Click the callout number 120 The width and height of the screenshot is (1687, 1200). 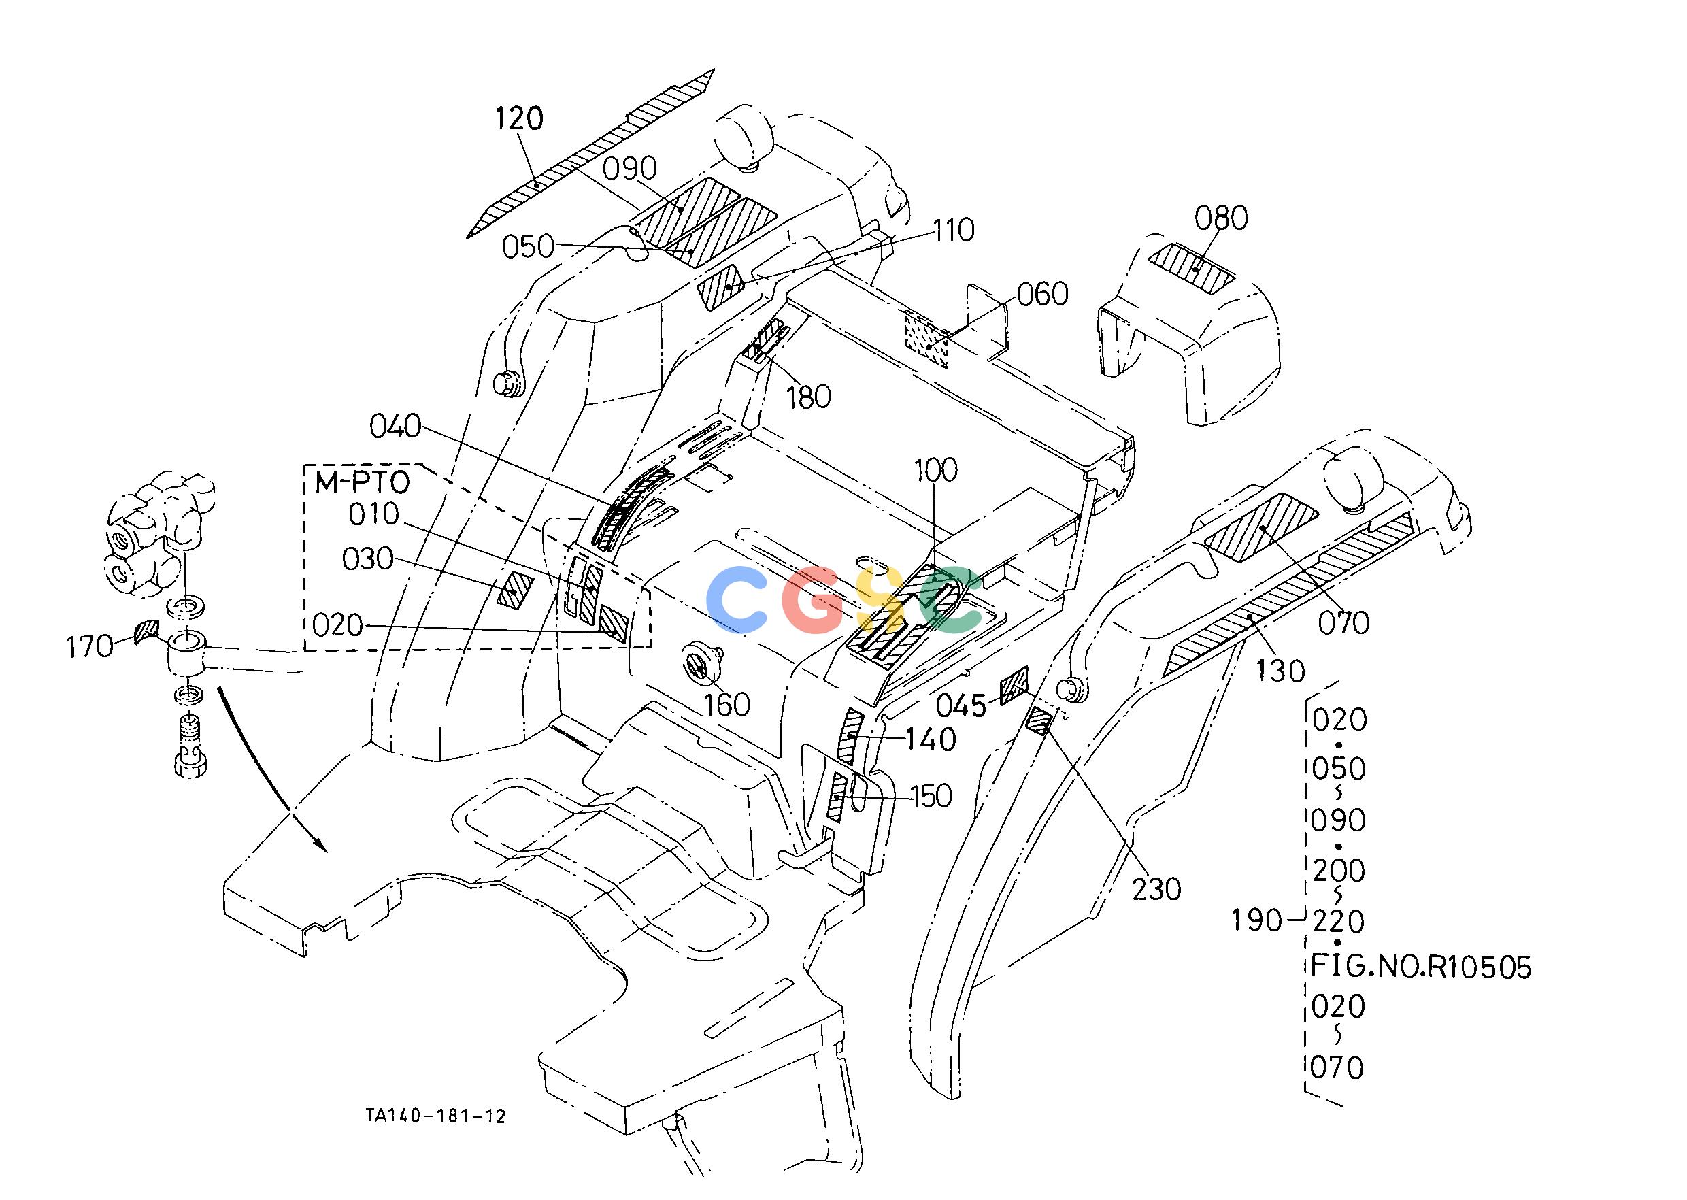click(519, 118)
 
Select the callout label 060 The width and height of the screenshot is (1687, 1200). click(1043, 294)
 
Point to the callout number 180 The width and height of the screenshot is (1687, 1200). click(808, 397)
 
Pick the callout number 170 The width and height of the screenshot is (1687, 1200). click(89, 648)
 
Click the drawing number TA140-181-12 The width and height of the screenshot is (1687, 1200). click(436, 1116)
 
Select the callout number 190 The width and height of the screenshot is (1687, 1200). click(1256, 920)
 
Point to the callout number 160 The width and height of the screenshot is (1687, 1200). click(727, 705)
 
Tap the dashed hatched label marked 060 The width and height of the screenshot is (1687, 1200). click(926, 338)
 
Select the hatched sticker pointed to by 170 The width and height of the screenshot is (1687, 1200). click(147, 631)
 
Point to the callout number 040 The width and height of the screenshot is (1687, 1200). click(395, 427)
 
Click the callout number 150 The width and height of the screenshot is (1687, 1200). click(931, 797)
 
